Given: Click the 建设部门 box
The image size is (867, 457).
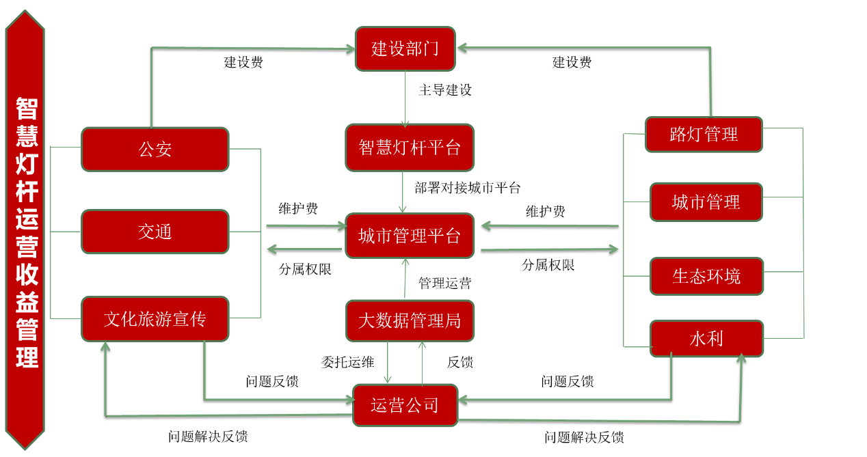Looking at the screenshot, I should (405, 49).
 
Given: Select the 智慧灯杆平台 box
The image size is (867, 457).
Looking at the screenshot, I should (409, 147).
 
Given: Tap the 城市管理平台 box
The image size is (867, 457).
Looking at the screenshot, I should (409, 236).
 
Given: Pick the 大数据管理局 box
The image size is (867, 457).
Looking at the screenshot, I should (409, 320).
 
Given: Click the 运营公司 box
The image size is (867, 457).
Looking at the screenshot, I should (405, 405).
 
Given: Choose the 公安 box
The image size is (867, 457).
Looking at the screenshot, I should (155, 149).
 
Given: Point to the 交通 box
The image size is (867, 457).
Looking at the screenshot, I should (155, 232).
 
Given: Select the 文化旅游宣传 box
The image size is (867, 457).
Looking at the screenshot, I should (155, 318).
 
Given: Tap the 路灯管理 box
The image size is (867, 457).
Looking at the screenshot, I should (704, 134).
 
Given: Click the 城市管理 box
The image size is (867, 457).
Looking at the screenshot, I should (706, 202).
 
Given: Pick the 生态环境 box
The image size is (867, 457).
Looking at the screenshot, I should (706, 276).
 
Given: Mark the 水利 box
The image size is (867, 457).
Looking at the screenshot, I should (706, 338).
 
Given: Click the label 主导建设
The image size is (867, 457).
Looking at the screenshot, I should (445, 89).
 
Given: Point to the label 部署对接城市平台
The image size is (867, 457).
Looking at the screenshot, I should (468, 187).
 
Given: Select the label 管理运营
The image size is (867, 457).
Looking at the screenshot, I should (444, 283).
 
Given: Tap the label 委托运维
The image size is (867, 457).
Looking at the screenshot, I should (347, 362).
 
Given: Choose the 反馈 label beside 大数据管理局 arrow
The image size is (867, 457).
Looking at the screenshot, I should (460, 362).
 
